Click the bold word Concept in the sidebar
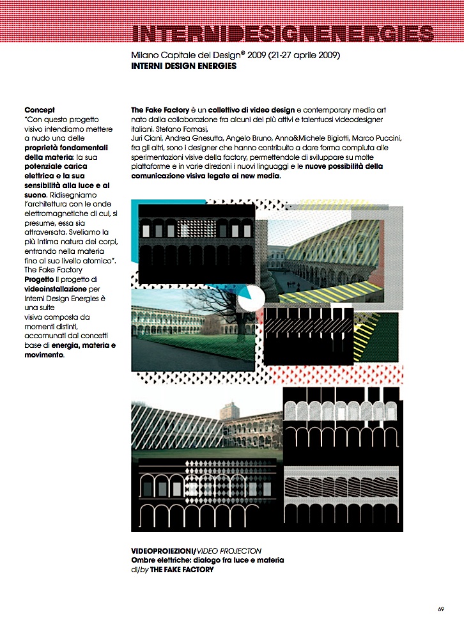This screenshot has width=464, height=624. [x=40, y=111]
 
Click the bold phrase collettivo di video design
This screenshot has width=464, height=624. [x=254, y=111]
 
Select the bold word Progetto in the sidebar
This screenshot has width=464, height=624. [x=39, y=279]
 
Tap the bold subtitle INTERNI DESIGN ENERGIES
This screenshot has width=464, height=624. [x=183, y=66]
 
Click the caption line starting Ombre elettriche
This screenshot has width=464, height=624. [x=207, y=560]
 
